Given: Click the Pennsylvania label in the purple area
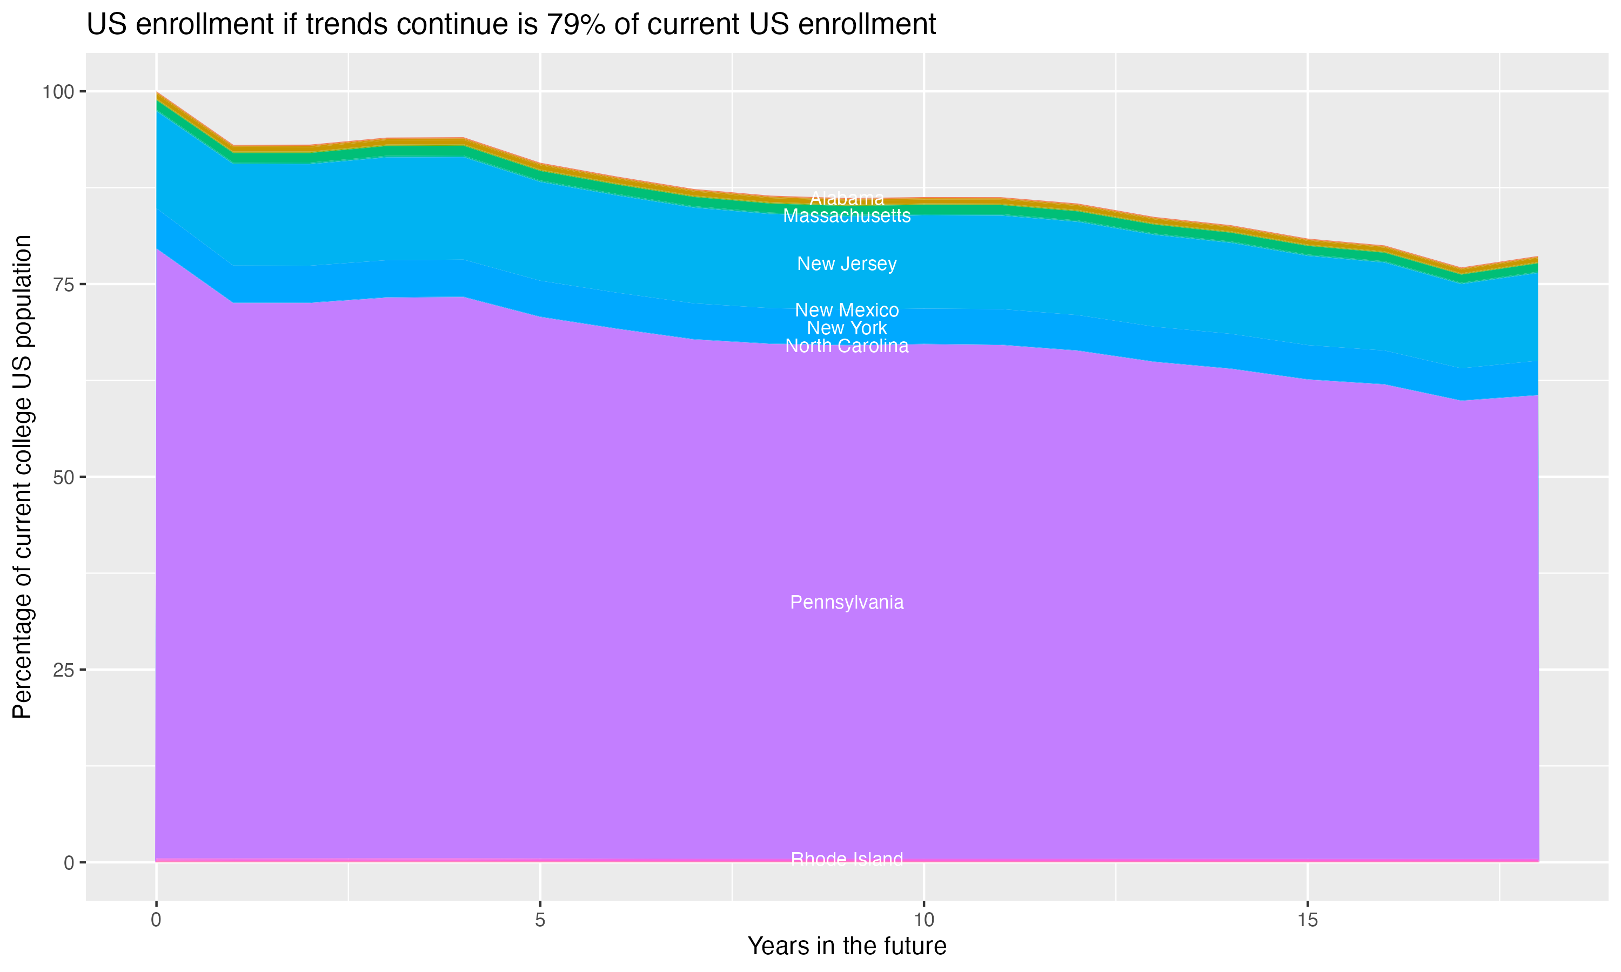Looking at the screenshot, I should click(x=847, y=603).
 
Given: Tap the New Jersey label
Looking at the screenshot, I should click(x=847, y=264).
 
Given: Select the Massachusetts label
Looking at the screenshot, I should click(x=847, y=216).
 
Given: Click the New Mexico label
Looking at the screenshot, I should click(x=847, y=310).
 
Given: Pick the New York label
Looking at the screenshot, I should click(x=847, y=328).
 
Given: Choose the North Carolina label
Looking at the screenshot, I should click(x=847, y=346).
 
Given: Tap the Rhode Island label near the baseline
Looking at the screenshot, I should click(x=847, y=859).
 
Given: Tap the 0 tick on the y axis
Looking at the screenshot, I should click(x=68, y=862).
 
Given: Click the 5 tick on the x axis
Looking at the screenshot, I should click(x=540, y=920).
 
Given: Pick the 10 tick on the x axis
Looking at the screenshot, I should click(x=923, y=920).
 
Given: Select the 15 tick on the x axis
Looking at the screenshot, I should click(x=1307, y=920).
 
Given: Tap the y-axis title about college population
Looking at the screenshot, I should click(x=22, y=477).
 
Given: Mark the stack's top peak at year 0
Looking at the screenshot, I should click(x=157, y=93).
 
